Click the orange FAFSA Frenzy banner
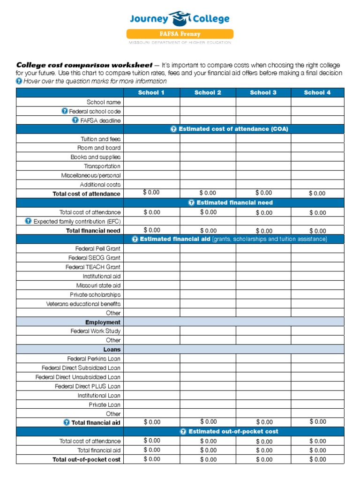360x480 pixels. pos(180,34)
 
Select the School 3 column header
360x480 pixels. pos(263,92)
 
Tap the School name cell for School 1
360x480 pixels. pos(151,102)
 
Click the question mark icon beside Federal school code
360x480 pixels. pos(65,111)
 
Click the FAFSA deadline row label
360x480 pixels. pos(100,120)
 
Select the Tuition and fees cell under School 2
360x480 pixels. pos(208,139)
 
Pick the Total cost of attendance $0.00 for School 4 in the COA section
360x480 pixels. pos(317,193)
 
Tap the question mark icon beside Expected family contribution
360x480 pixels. pos(29,221)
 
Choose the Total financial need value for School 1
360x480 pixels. pos(152,230)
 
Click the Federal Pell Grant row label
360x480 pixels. pos(97,248)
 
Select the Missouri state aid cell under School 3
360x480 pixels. pos(263,285)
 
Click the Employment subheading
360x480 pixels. pos(103,322)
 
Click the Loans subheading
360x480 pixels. pos(112,349)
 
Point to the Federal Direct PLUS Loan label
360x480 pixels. pos(87,386)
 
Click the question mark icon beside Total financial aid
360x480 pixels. pos(67,422)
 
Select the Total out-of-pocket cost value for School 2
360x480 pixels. pos(208,459)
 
